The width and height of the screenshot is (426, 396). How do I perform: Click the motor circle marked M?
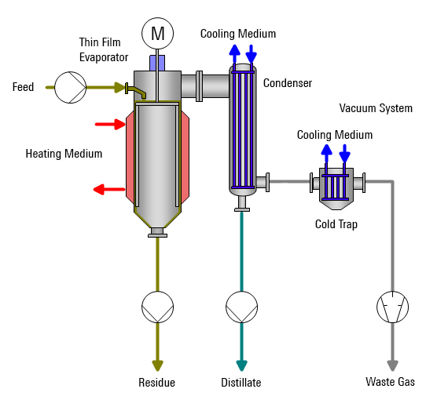[157, 34]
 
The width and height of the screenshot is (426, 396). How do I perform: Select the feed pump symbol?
[71, 87]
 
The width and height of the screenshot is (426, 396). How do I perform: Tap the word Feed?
[23, 87]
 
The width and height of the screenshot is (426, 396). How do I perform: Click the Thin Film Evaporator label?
[104, 50]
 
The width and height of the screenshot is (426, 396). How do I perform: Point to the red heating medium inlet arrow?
[110, 125]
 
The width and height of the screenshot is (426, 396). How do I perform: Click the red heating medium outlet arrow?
[109, 189]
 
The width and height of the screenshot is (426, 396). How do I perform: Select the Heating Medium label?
[64, 154]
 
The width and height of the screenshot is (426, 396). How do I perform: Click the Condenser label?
[288, 83]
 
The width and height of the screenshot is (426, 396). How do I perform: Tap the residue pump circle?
[157, 307]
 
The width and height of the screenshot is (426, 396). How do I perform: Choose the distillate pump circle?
[241, 307]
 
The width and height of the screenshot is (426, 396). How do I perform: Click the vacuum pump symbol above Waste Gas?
[392, 307]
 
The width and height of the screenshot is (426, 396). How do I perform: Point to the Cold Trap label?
[336, 224]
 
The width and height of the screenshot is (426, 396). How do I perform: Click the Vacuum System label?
[376, 108]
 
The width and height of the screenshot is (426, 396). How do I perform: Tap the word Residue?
[156, 383]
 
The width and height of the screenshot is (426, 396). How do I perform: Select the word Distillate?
[241, 383]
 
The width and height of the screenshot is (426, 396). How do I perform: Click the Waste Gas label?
[390, 382]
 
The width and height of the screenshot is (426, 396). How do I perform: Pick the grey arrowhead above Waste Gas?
[392, 365]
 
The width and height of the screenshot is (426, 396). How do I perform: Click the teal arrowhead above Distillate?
[241, 365]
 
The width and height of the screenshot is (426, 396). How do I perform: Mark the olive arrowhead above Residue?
[157, 365]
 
